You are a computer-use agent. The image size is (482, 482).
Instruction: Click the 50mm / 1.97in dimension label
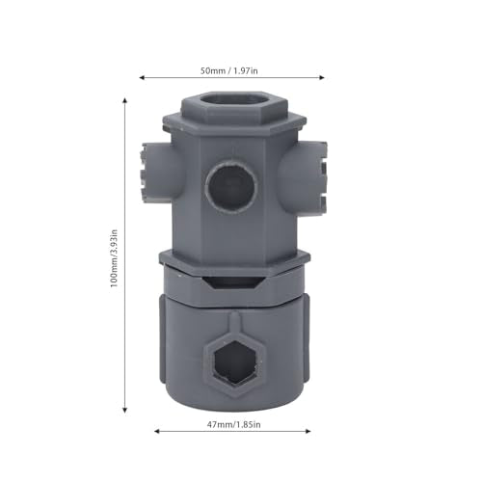coord(229,70)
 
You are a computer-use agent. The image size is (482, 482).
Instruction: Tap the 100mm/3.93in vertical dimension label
coord(114,258)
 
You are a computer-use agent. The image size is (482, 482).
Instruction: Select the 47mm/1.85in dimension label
coord(233,424)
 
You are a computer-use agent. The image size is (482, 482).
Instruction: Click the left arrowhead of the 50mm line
coord(142,77)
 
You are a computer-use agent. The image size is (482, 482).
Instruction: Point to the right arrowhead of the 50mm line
coord(322,77)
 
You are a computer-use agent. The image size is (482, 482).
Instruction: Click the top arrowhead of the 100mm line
coord(125,100)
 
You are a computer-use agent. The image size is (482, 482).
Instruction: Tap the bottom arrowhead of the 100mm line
coord(125,410)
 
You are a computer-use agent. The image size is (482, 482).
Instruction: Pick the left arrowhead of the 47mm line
coord(157,431)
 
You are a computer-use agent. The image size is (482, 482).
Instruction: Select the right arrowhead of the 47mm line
coord(308,431)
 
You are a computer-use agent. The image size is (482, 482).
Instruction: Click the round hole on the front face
coord(231,187)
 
